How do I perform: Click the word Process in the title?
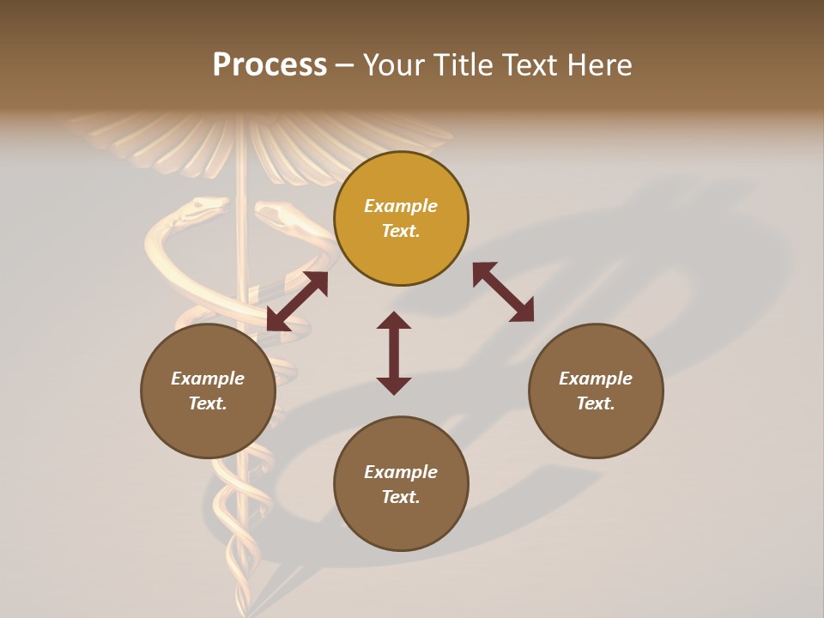(x=270, y=65)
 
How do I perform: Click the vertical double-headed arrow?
(x=394, y=353)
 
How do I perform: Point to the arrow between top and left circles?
(x=297, y=301)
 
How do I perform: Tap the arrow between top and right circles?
(x=503, y=292)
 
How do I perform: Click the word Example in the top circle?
(x=401, y=206)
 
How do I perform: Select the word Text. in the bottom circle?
(x=401, y=497)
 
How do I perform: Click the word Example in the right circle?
(x=596, y=379)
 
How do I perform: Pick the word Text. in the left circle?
(x=208, y=403)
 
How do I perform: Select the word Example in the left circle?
(x=208, y=379)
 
